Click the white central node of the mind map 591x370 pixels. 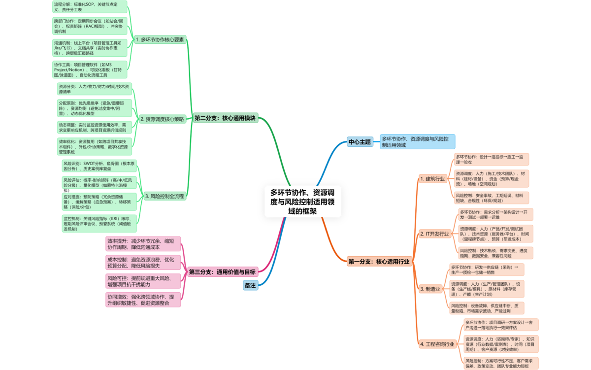(x=303, y=202)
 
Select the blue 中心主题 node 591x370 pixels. (x=359, y=142)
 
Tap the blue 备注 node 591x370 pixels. (x=250, y=285)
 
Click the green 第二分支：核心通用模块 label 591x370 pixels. (x=225, y=118)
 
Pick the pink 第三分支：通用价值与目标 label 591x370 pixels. (x=222, y=271)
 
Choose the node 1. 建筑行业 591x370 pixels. (x=432, y=178)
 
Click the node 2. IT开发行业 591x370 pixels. (x=434, y=234)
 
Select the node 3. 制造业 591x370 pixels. (x=429, y=289)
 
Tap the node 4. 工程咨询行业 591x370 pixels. (x=436, y=344)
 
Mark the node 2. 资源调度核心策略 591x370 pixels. (x=162, y=119)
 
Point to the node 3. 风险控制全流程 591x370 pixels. (x=164, y=196)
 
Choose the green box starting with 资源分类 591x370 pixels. (x=95, y=89)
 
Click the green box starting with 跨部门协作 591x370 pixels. (x=90, y=26)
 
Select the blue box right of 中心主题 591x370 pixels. (x=417, y=142)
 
